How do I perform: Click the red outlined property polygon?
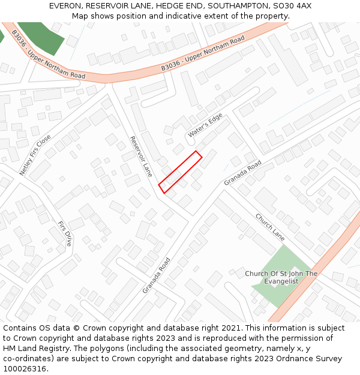click(180, 172)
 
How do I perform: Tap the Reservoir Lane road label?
click(141, 157)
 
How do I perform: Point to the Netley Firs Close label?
click(35, 155)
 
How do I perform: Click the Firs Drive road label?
click(65, 233)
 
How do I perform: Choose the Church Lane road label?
click(269, 227)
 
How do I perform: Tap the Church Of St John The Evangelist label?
click(281, 277)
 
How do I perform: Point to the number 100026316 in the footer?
click(23, 369)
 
